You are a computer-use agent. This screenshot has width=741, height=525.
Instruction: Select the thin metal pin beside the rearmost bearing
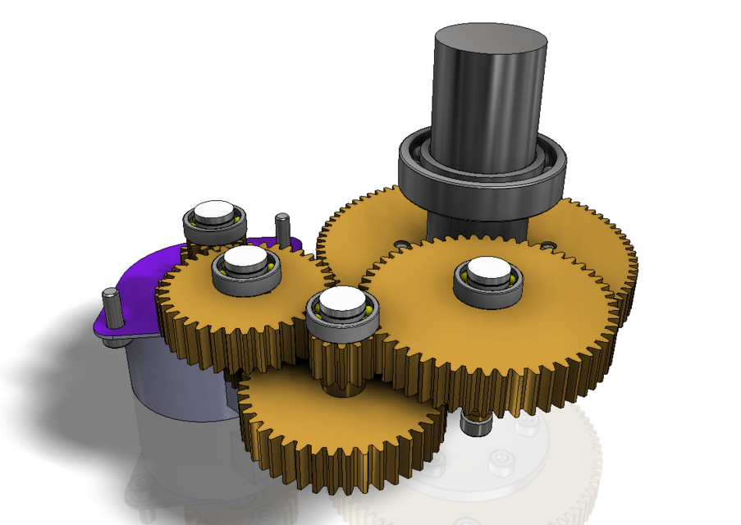(281, 228)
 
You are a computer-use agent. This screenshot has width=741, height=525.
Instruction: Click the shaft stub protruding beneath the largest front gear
(474, 424)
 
